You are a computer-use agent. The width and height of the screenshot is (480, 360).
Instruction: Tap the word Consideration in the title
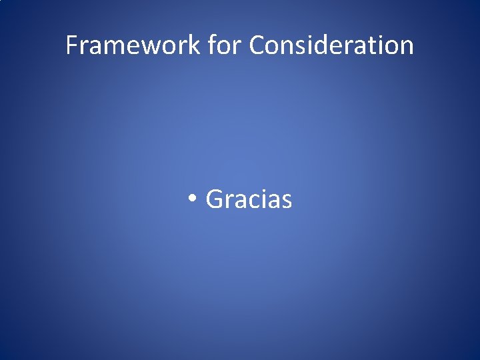pyautogui.click(x=331, y=45)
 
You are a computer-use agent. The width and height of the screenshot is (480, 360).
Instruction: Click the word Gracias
pyautogui.click(x=249, y=199)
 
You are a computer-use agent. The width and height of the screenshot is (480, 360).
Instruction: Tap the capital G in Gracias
pyautogui.click(x=215, y=199)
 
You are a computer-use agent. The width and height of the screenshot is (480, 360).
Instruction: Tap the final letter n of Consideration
pyautogui.click(x=405, y=47)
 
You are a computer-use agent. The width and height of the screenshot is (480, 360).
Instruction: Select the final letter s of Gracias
pyautogui.click(x=286, y=201)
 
